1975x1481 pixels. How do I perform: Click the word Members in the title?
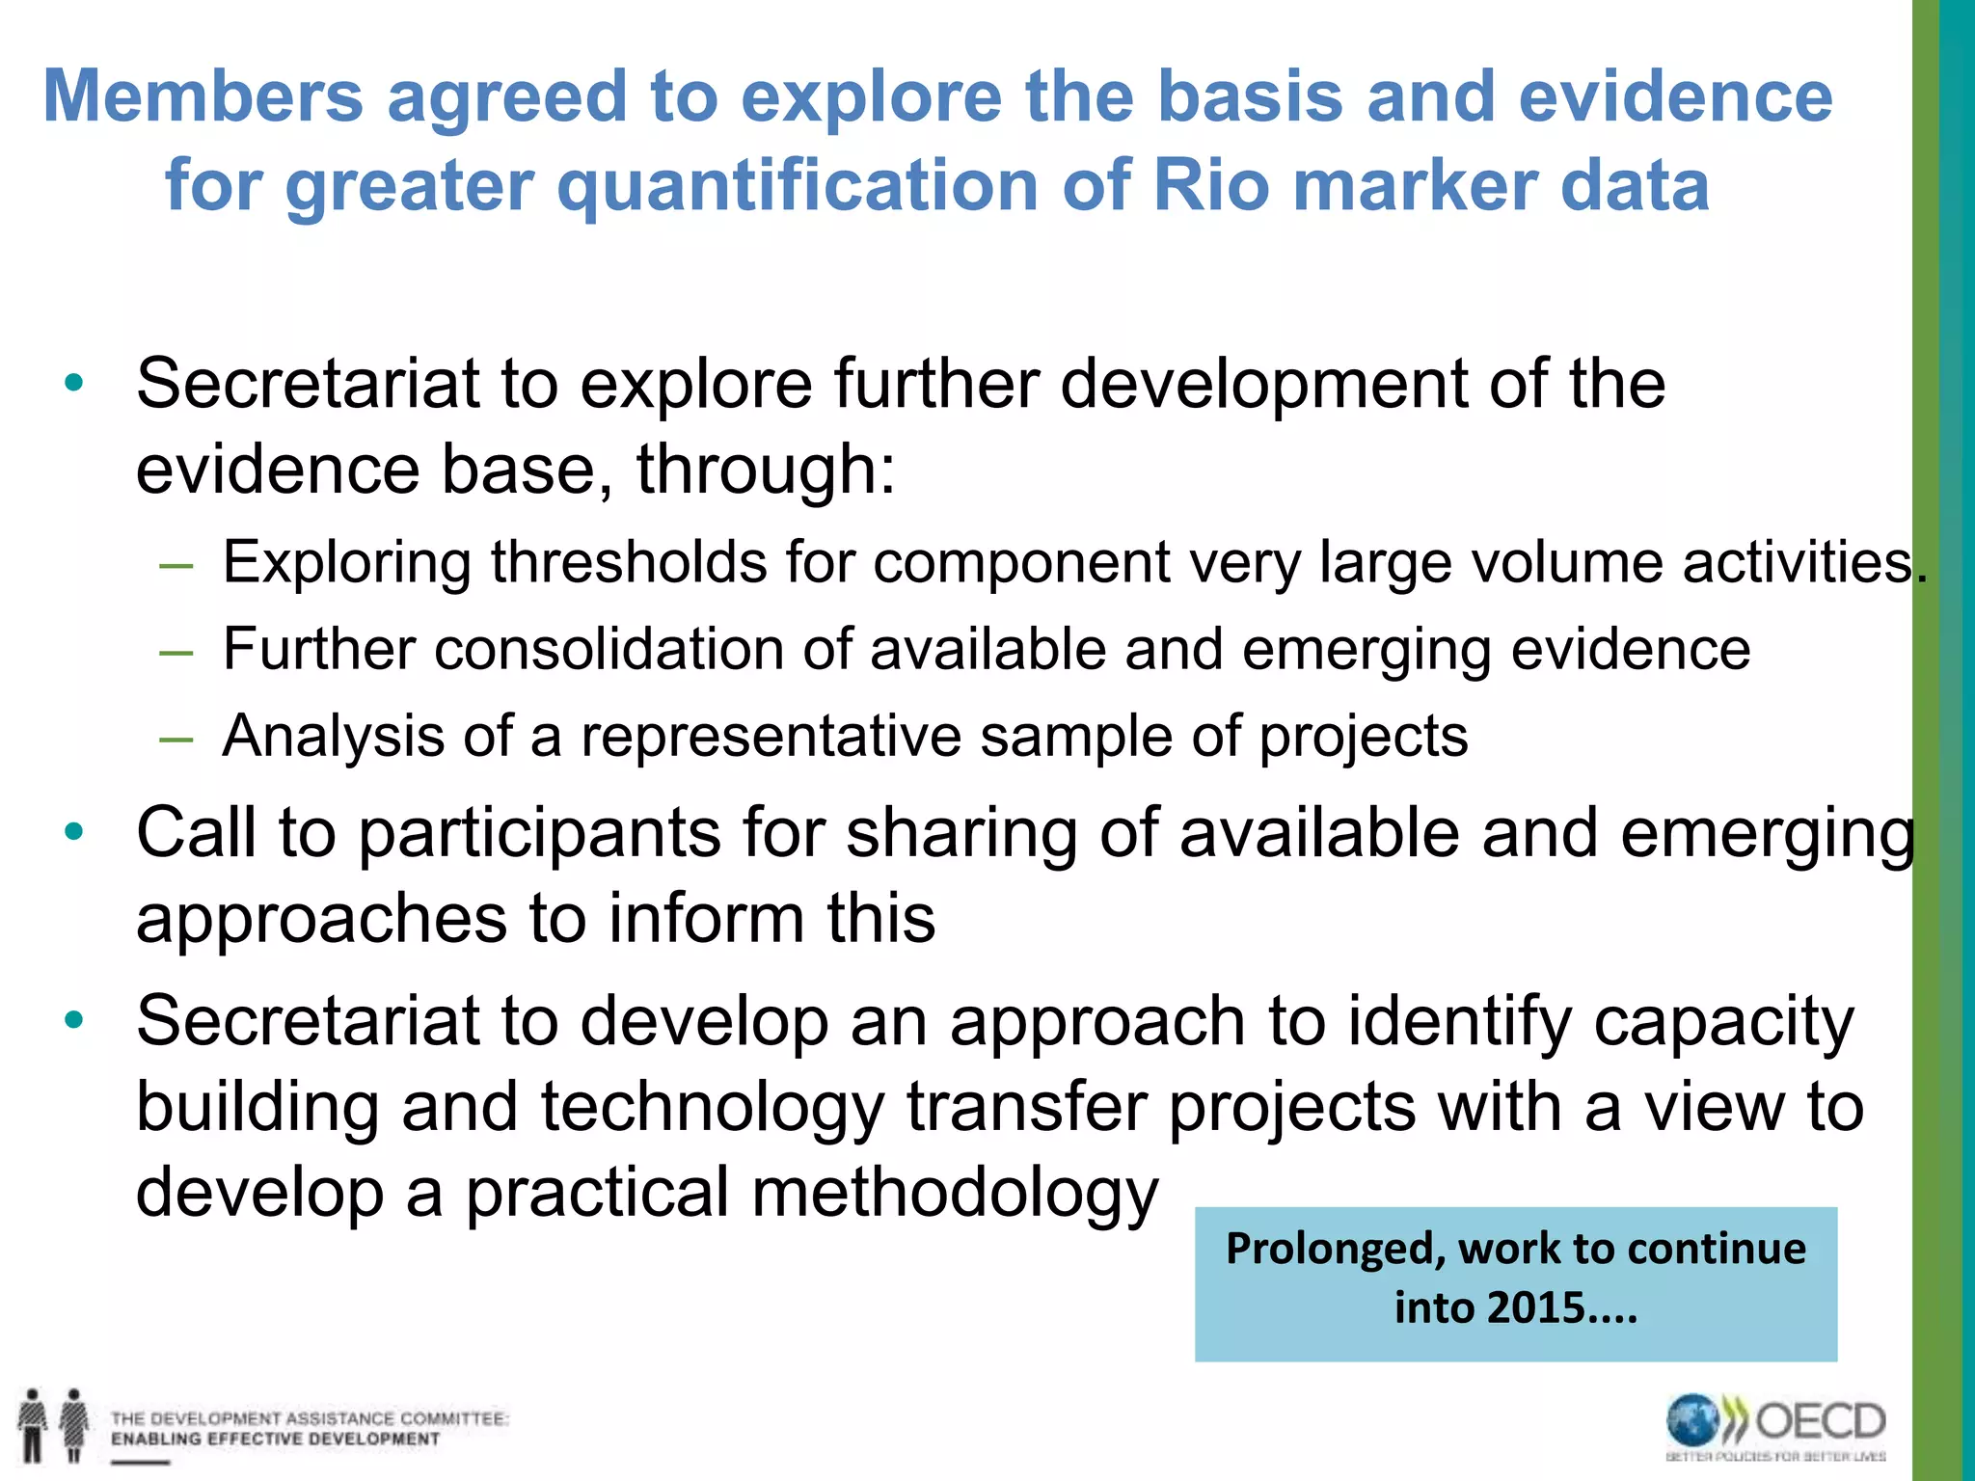[x=203, y=96]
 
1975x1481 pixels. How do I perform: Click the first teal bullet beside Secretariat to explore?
[x=74, y=384]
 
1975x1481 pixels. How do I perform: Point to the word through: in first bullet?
[x=766, y=471]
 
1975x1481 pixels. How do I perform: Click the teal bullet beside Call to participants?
[x=74, y=831]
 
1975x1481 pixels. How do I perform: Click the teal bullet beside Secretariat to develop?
[x=74, y=1019]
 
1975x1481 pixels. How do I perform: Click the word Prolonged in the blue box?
[x=1335, y=1250]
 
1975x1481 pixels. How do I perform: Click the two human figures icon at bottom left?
[x=53, y=1425]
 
